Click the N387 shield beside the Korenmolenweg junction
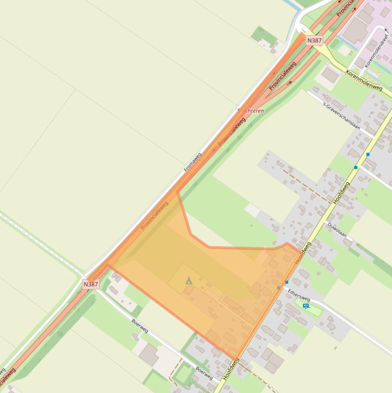(x=314, y=40)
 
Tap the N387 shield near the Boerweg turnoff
(x=90, y=284)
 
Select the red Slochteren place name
(x=251, y=110)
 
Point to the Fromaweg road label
(x=193, y=161)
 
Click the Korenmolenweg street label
(x=364, y=80)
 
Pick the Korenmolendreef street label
(x=376, y=52)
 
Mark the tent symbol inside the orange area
(x=189, y=281)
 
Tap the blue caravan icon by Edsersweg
(x=306, y=306)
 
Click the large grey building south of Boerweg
(x=149, y=354)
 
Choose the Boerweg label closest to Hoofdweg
(x=204, y=373)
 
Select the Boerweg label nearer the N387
(x=140, y=326)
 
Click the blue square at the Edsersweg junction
(x=286, y=282)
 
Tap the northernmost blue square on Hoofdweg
(x=368, y=154)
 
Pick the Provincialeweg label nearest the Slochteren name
(x=232, y=132)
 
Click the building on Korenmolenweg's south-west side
(x=330, y=76)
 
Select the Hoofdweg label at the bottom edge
(x=230, y=370)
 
